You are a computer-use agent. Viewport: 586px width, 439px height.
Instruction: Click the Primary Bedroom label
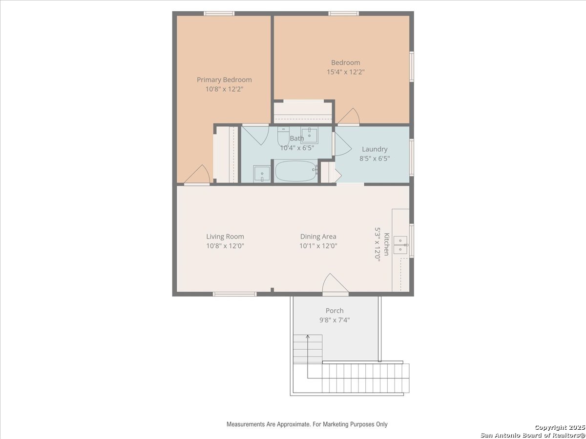pos(224,80)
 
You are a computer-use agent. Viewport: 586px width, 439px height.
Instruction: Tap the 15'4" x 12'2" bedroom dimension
pos(346,72)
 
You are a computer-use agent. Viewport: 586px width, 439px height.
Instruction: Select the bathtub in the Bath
pos(296,171)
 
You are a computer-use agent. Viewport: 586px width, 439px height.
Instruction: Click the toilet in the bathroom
pos(283,136)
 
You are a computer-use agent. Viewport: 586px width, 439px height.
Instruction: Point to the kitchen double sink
pos(401,245)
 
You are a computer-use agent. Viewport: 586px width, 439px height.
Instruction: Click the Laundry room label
pos(375,149)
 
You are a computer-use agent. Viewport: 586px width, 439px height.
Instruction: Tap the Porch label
pos(335,311)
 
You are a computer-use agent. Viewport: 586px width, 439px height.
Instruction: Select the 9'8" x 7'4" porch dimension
pos(335,320)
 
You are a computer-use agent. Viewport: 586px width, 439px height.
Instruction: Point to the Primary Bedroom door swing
pos(197,175)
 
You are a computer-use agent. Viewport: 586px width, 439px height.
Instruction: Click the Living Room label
pos(225,237)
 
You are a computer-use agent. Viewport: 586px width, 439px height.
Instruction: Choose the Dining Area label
pos(318,237)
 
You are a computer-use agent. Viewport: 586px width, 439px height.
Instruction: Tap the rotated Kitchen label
pos(387,244)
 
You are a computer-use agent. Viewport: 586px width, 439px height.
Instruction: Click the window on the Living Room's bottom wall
pos(235,294)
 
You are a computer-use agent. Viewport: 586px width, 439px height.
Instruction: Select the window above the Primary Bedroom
pos(219,13)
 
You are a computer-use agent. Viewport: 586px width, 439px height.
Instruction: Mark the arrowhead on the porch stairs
pos(308,337)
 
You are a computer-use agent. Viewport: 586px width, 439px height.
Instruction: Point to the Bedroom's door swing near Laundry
pos(349,117)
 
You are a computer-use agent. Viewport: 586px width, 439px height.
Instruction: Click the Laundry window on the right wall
pos(412,157)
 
